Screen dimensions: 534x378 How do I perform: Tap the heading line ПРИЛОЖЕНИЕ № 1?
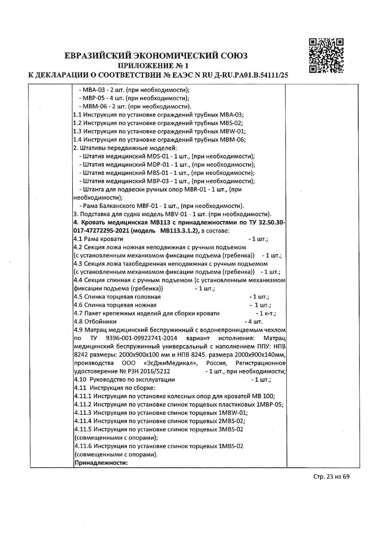click(x=153, y=65)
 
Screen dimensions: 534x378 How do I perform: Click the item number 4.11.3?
click(x=83, y=413)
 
